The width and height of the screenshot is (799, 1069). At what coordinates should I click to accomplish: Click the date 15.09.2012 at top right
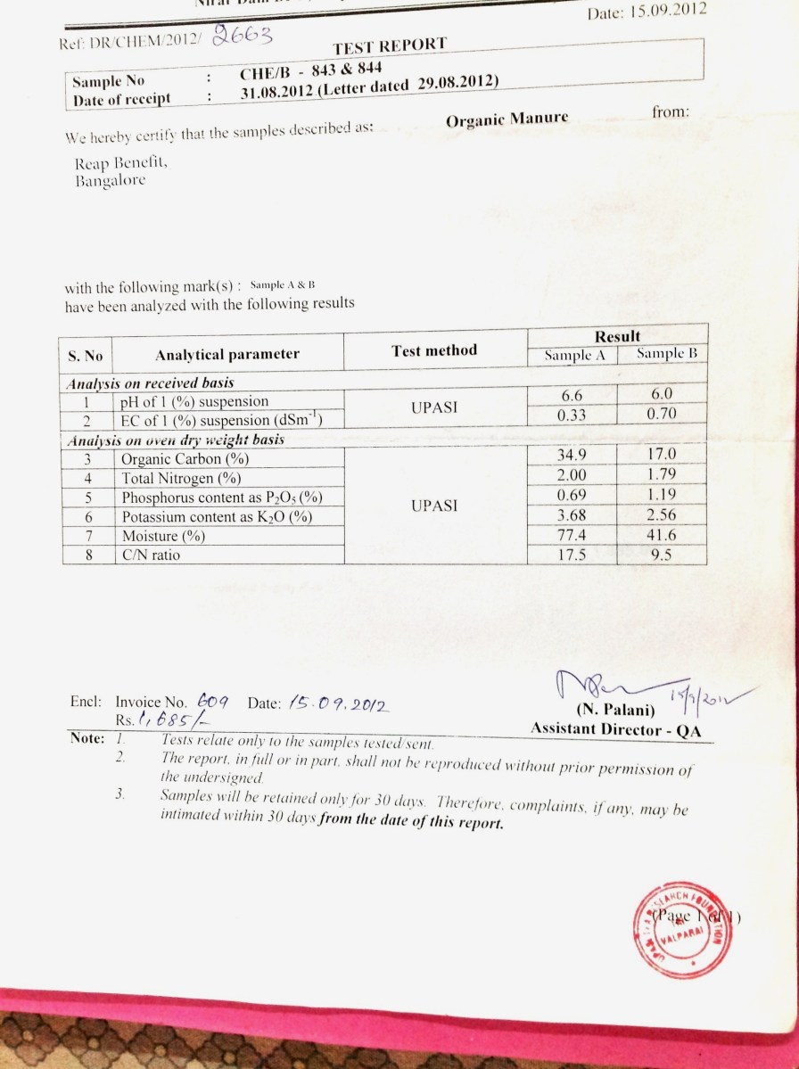pos(647,12)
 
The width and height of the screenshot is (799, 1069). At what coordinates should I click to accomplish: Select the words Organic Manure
pos(507,119)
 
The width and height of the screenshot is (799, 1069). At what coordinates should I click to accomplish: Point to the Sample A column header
pos(576,355)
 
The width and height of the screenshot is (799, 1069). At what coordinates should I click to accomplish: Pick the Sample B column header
pos(667,353)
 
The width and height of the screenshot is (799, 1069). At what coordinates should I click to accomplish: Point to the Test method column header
pos(434,350)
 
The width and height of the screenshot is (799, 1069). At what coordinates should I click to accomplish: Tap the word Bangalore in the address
pos(111,181)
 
